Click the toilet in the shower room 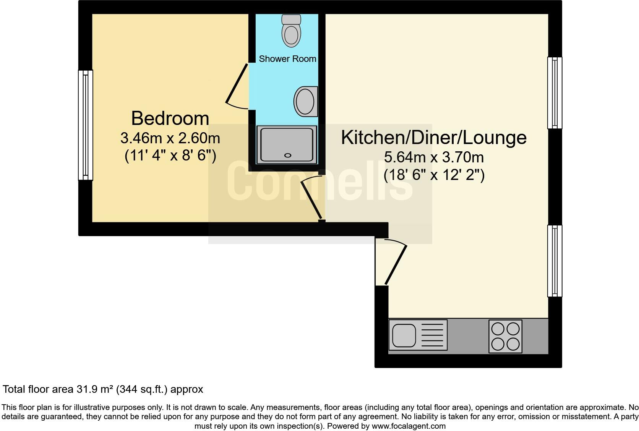click(290, 31)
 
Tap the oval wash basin click(305, 101)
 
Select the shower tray click(287, 145)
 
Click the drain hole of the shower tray click(288, 156)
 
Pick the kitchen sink click(403, 335)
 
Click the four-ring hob click(505, 336)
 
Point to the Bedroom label click(170, 118)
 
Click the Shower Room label click(287, 59)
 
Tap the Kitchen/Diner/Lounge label click(433, 138)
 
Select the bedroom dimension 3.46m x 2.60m click(170, 138)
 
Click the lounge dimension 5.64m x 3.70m click(434, 157)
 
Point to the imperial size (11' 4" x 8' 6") click(170, 156)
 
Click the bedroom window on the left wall click(86, 125)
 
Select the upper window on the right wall click(555, 93)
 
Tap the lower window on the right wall click(555, 261)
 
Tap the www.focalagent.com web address click(409, 426)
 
